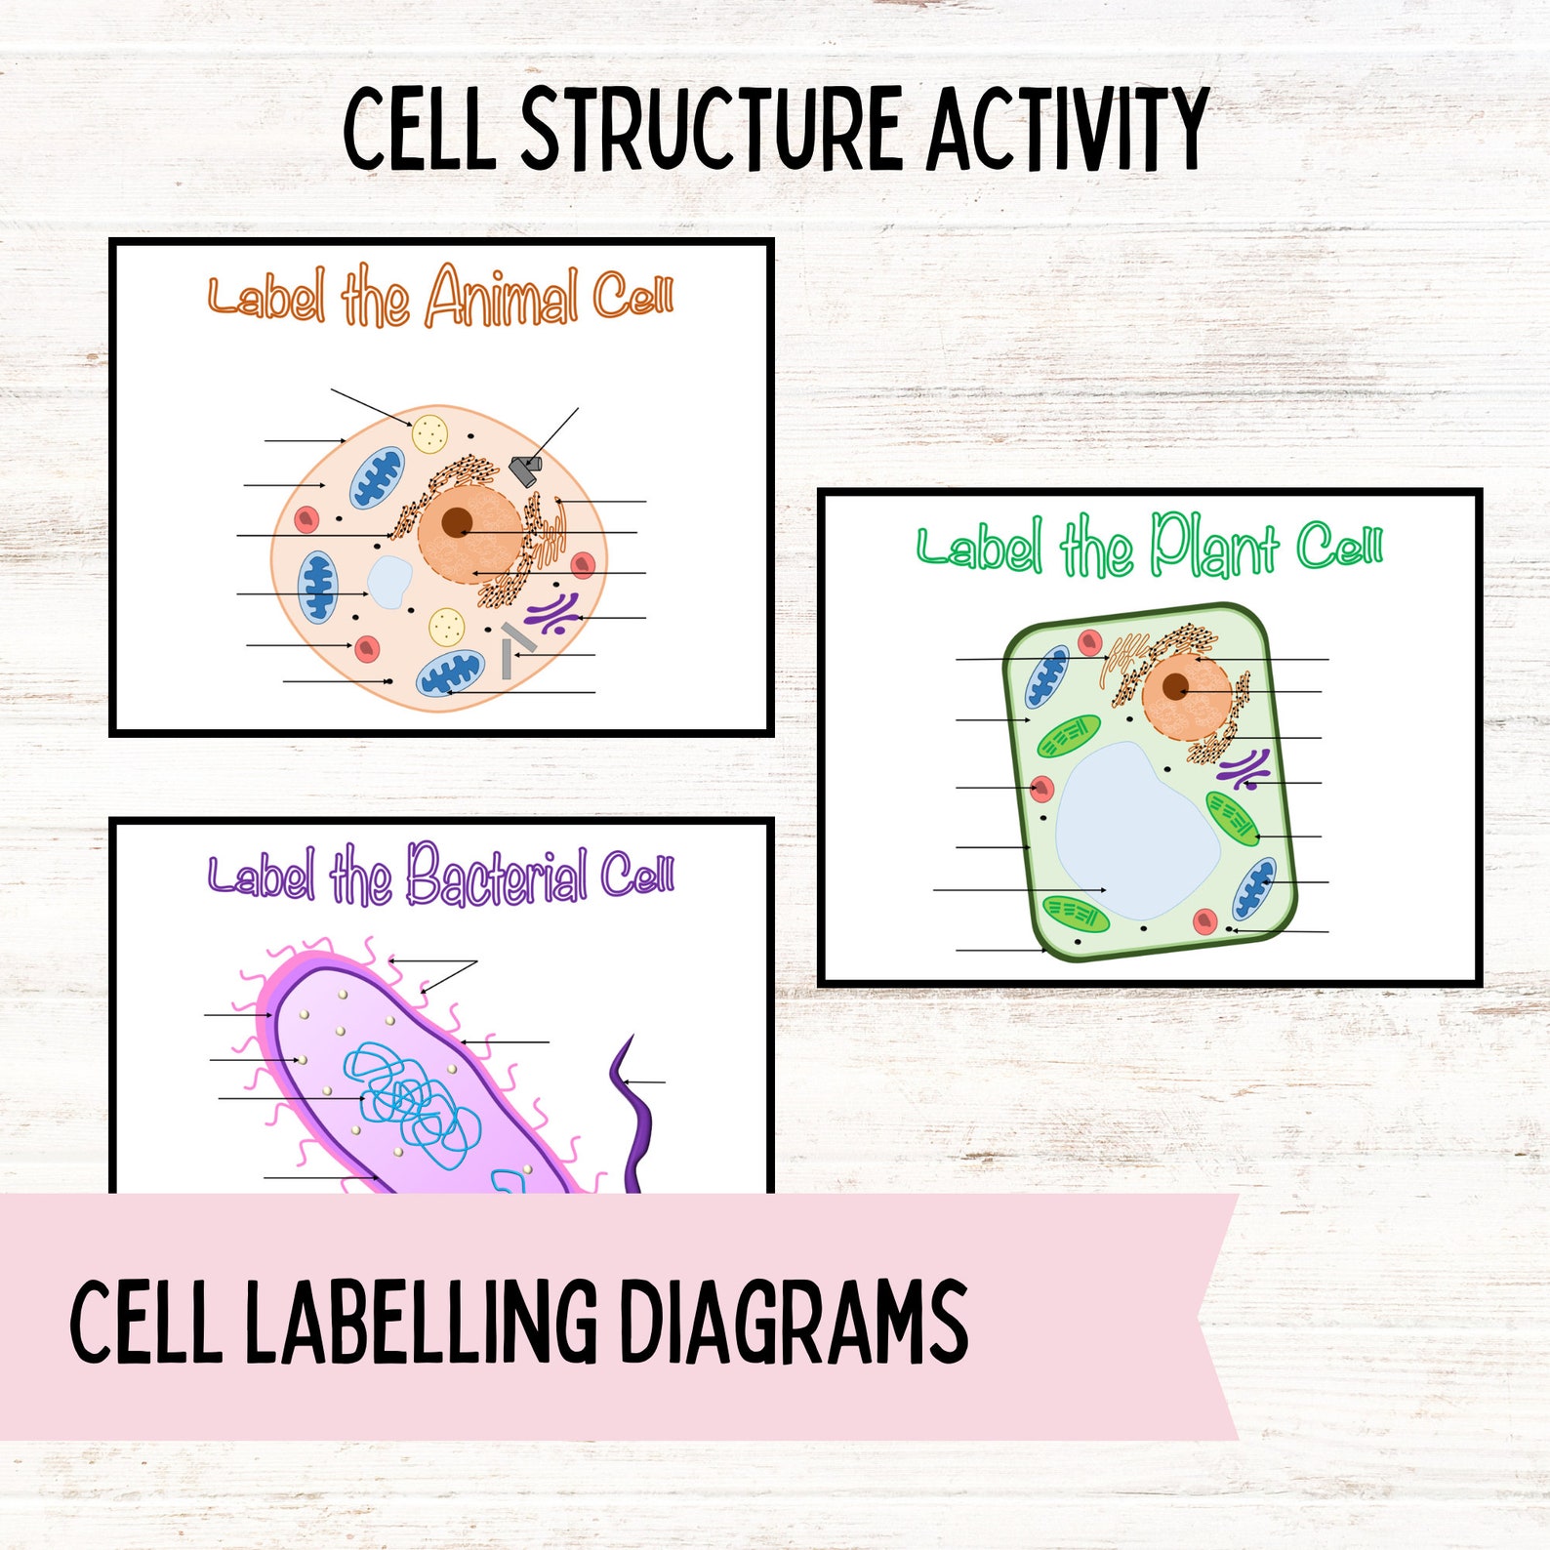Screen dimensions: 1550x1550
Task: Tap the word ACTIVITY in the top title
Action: [x=1068, y=129]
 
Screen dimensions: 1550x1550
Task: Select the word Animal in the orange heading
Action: [x=502, y=297]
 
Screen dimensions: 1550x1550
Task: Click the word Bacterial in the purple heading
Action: [x=496, y=875]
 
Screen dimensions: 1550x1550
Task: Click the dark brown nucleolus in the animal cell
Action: [x=456, y=523]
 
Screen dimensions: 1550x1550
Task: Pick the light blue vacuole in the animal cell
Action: [x=388, y=582]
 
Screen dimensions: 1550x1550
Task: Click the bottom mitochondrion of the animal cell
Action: [x=450, y=673]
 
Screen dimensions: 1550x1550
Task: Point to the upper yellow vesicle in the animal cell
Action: [x=429, y=432]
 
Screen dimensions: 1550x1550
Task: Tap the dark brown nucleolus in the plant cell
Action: [x=1175, y=685]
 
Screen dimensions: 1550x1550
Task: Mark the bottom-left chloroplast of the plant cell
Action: [x=1076, y=914]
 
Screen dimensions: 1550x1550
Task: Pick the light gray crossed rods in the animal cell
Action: [x=513, y=648]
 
